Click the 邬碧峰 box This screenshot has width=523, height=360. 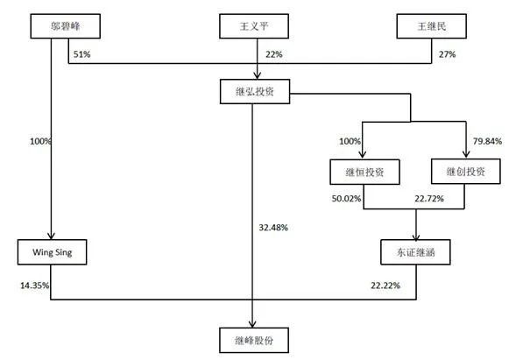(x=66, y=26)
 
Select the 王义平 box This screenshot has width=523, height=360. (x=254, y=26)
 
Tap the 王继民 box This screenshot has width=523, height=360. (x=432, y=26)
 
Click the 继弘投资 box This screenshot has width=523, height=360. (x=255, y=91)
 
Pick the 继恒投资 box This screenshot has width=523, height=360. (x=365, y=172)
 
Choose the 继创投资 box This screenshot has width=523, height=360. (x=466, y=172)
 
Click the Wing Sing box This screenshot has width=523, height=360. (x=53, y=252)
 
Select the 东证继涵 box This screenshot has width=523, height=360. (x=415, y=252)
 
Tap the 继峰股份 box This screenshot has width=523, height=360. (x=254, y=340)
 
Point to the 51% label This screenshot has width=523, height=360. (x=81, y=54)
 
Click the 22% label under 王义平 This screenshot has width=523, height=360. (x=274, y=54)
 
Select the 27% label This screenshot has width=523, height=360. (x=447, y=54)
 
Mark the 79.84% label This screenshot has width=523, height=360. (x=487, y=141)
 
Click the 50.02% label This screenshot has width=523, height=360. (x=346, y=199)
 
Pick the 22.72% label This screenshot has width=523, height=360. (x=429, y=199)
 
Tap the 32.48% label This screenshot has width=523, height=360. (x=273, y=228)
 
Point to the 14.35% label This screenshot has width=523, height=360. (x=35, y=286)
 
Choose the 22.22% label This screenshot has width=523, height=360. (x=385, y=286)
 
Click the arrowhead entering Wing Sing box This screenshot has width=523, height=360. (x=51, y=236)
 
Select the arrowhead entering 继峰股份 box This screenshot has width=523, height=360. (x=252, y=324)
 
